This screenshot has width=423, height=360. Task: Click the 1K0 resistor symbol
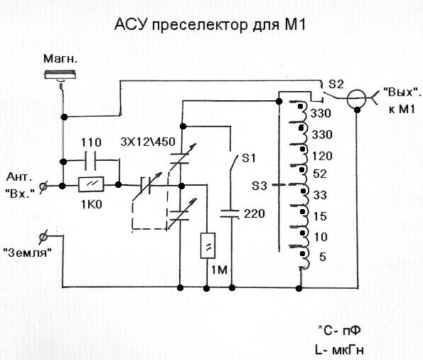point(91,185)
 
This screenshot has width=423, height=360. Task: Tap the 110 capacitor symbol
point(90,162)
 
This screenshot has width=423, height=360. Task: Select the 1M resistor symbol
point(208,245)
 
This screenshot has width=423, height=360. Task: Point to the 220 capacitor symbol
point(230,214)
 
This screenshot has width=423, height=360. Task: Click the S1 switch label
point(248,158)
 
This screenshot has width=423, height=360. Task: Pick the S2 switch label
point(336,84)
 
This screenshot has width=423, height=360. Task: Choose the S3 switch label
point(259,186)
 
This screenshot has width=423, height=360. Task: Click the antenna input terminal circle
point(43,186)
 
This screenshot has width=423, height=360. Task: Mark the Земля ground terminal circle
point(43,237)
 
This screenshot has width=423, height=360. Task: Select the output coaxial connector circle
point(356,99)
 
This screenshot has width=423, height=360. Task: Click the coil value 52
point(320,174)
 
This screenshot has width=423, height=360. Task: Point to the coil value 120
point(322,156)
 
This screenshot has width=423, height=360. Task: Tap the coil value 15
point(320,216)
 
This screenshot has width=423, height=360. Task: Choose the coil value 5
point(323,257)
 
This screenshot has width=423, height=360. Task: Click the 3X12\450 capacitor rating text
point(148,142)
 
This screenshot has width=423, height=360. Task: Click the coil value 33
point(320,195)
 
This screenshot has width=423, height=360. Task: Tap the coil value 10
point(321,237)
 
